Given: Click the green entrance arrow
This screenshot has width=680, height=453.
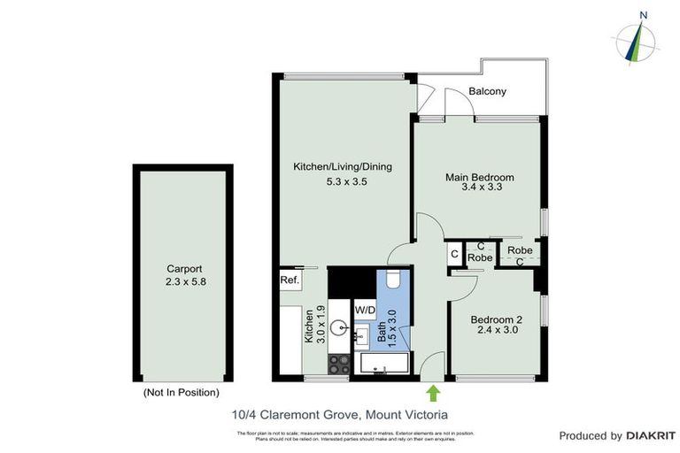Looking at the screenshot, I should tap(433, 392).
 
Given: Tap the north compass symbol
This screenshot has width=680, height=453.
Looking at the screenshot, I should tap(636, 40).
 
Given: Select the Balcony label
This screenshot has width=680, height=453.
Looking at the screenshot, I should tap(487, 91).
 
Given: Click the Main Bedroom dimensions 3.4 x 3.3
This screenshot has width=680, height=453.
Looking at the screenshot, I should tap(479, 188).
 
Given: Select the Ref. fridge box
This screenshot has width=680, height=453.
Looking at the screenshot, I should tap(289, 280).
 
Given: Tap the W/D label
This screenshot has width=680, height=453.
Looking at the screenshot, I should tap(365, 310).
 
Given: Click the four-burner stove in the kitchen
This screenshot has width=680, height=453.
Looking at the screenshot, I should tap(339, 364).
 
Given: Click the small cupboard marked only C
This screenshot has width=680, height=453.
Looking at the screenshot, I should tap(454, 255).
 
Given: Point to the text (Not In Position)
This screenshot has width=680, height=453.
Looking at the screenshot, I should tap(181, 392).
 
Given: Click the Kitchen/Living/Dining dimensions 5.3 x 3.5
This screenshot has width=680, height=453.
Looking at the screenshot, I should tap(342, 181).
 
